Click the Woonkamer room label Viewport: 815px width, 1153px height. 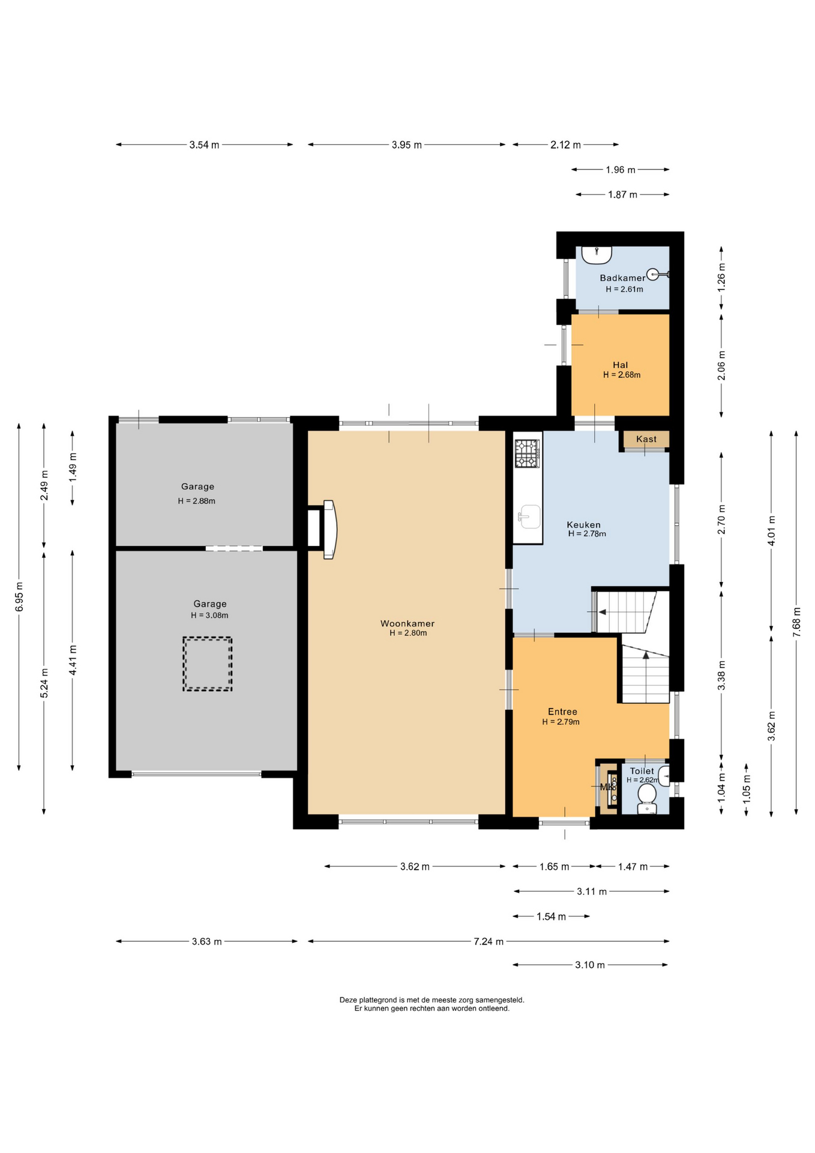coord(407,623)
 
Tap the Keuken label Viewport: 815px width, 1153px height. coord(583,524)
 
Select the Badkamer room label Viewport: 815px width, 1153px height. coord(622,277)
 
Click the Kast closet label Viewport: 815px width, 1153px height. coord(646,439)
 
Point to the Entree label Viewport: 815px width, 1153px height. coord(562,712)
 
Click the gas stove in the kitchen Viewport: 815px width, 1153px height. coord(528,453)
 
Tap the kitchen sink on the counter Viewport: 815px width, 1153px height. coord(529,516)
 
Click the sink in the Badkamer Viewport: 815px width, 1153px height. coord(596,255)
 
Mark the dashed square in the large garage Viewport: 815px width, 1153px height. coord(208,664)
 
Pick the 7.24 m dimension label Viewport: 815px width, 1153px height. coord(489,941)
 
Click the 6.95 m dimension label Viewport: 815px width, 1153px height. coord(19,597)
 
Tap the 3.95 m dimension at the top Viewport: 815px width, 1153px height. coord(406,145)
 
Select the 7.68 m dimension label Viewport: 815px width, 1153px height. coord(796,622)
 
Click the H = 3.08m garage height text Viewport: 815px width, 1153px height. coord(209,615)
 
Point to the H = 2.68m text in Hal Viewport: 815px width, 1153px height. coord(622,375)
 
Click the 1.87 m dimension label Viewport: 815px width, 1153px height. coord(622,195)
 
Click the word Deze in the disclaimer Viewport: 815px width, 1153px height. coord(349,1000)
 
